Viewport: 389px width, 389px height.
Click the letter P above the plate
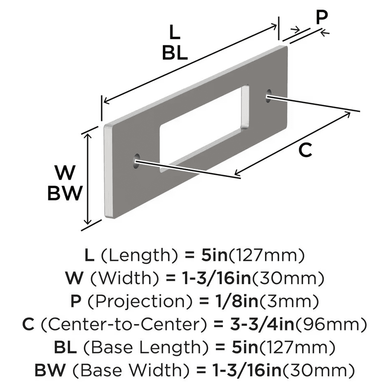[x=321, y=17]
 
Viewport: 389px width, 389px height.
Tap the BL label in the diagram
[x=175, y=53]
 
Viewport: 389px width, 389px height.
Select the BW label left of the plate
[x=65, y=193]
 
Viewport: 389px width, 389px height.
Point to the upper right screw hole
[x=268, y=96]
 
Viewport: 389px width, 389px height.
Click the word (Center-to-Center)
[x=127, y=323]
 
